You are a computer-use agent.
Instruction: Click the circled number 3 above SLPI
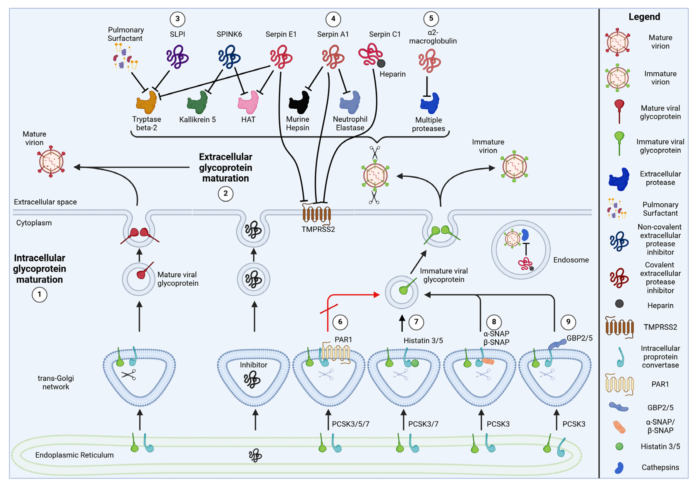pyautogui.click(x=177, y=19)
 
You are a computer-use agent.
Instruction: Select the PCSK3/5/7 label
pyautogui.click(x=351, y=424)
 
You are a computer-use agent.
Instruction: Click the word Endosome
pyautogui.click(x=571, y=260)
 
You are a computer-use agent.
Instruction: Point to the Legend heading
pyautogui.click(x=644, y=17)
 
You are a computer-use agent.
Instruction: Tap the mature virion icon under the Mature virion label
pyautogui.click(x=51, y=161)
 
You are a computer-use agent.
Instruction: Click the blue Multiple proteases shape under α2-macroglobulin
pyautogui.click(x=429, y=103)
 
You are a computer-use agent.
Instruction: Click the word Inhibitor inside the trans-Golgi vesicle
pyautogui.click(x=253, y=365)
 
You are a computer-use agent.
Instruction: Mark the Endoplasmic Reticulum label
pyautogui.click(x=74, y=455)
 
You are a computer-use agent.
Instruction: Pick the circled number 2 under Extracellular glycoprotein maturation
pyautogui.click(x=225, y=193)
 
